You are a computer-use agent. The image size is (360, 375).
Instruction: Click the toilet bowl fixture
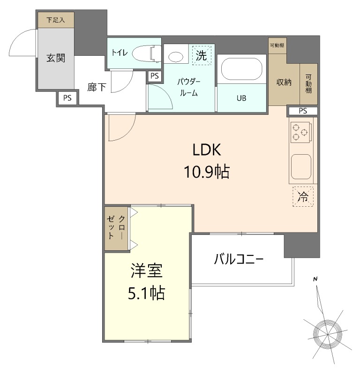(x=146, y=54)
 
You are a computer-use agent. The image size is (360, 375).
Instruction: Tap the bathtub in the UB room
(x=241, y=69)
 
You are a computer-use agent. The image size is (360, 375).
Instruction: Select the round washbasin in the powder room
(x=176, y=57)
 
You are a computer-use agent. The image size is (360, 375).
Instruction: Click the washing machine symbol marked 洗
(x=202, y=55)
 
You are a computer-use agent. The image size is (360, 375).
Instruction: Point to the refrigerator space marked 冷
(x=303, y=196)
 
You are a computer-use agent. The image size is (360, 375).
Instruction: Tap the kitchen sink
(x=301, y=167)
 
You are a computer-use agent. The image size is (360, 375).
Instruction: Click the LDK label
(x=207, y=150)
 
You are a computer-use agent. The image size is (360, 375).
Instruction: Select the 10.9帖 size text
(x=207, y=172)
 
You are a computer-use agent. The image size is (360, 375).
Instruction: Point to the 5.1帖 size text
(x=146, y=293)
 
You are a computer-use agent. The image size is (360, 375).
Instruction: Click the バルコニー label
(x=239, y=259)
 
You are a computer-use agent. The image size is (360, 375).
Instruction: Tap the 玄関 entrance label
(x=56, y=58)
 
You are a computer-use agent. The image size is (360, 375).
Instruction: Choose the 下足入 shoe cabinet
(x=56, y=20)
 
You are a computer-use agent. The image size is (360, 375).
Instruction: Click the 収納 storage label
(x=284, y=82)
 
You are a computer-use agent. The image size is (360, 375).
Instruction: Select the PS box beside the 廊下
(x=67, y=98)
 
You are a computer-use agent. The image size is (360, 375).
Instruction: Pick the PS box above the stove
(x=303, y=111)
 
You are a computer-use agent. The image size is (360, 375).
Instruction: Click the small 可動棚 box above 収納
(x=277, y=45)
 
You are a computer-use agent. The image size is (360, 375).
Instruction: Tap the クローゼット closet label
(x=116, y=227)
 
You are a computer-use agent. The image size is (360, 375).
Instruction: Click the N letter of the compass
(x=315, y=279)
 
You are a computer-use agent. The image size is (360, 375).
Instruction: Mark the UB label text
(x=241, y=98)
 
